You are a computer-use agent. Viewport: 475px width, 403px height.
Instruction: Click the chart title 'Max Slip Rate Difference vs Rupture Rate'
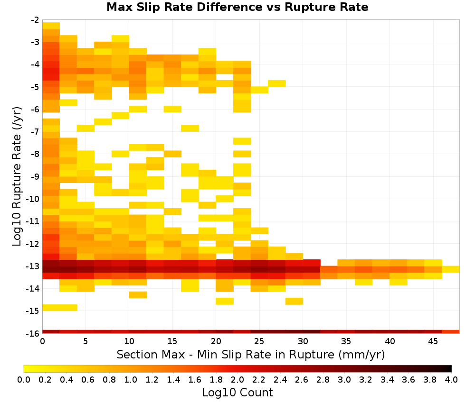(237, 7)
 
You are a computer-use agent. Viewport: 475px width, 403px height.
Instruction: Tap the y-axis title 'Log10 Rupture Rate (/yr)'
(17, 176)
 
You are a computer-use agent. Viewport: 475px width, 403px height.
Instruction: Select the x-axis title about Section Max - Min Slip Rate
(250, 354)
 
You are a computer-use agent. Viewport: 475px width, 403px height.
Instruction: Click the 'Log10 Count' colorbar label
(237, 393)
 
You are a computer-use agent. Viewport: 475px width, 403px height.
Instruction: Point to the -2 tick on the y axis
(35, 20)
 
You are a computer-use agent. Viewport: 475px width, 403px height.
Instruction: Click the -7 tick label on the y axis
(35, 131)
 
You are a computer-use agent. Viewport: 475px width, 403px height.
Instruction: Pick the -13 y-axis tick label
(33, 266)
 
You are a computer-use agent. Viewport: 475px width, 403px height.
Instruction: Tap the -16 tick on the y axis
(33, 333)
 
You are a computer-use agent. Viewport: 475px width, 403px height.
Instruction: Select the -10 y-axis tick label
(33, 199)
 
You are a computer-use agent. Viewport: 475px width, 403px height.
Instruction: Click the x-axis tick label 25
(259, 341)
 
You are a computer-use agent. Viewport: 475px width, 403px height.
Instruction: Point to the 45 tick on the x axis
(433, 341)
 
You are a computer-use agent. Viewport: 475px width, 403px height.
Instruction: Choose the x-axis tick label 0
(42, 341)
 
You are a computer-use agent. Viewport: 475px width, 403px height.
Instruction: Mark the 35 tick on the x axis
(346, 341)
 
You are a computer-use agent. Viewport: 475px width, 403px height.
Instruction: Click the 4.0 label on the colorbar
(451, 379)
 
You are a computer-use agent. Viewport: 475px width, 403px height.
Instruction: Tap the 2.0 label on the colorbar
(237, 379)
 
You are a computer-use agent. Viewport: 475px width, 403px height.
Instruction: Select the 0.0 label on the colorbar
(24, 379)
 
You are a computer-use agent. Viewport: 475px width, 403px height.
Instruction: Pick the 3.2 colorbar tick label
(366, 379)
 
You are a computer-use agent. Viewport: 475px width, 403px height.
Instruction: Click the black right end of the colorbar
(450, 368)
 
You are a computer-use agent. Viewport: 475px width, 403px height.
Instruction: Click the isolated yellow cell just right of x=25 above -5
(277, 83)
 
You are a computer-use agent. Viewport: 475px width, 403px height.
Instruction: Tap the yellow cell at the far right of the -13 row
(451, 269)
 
